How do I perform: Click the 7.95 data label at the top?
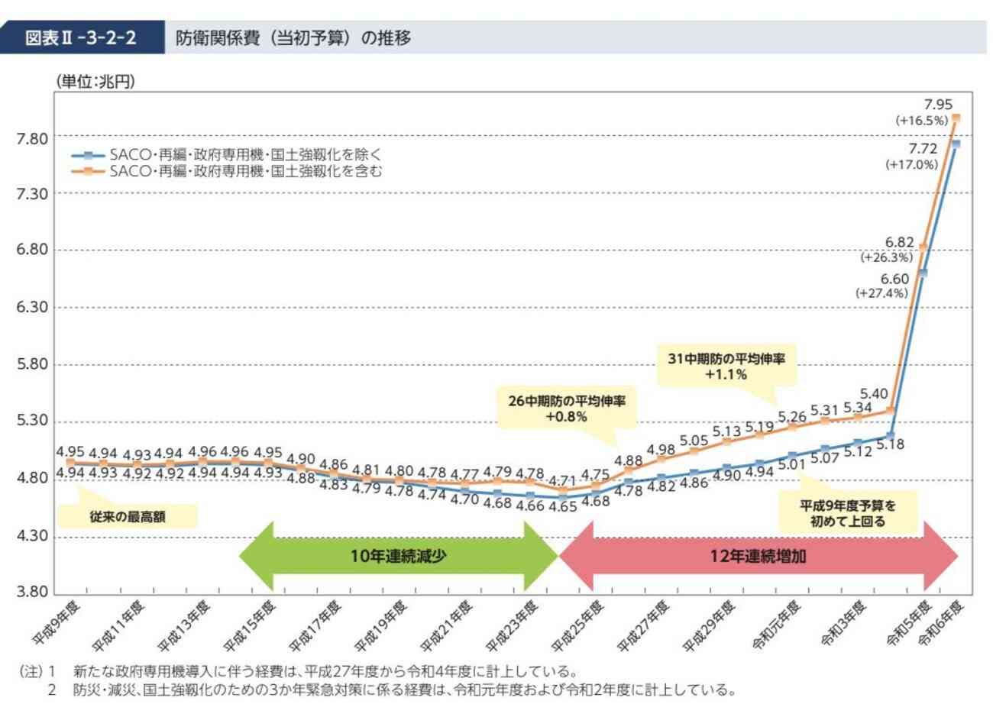[937, 105]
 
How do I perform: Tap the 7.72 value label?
[922, 148]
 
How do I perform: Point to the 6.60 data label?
[894, 279]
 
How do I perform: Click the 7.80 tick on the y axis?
[32, 138]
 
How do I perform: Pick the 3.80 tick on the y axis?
[32, 592]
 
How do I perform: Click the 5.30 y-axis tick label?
[32, 421]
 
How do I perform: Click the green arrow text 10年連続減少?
[398, 557]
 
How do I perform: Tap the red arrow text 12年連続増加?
[758, 557]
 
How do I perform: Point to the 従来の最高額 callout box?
[128, 517]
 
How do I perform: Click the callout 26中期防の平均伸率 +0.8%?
[566, 409]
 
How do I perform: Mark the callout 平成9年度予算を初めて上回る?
[847, 513]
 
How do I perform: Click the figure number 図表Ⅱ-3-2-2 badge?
[82, 37]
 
